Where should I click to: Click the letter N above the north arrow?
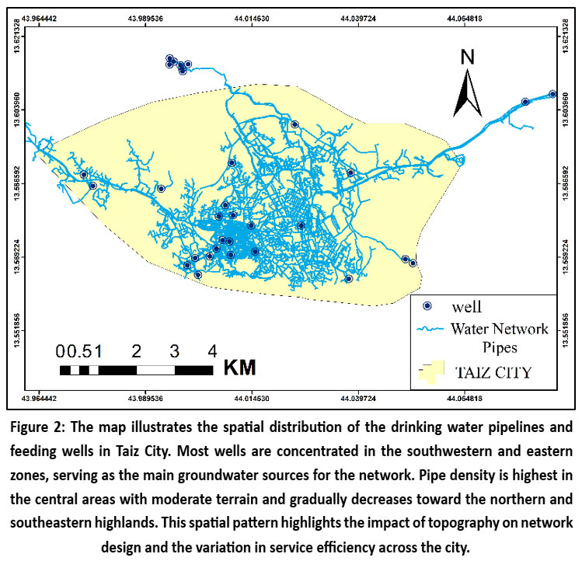[467, 57]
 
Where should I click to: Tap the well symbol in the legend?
[426, 306]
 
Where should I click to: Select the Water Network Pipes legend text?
[499, 336]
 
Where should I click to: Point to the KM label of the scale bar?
[239, 366]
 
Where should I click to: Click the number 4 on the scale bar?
[212, 350]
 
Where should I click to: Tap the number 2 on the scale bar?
[137, 350]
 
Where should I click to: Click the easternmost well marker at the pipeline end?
[552, 94]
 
